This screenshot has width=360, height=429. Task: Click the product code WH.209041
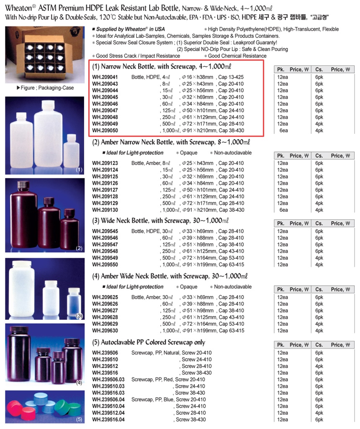pyautogui.click(x=105, y=77)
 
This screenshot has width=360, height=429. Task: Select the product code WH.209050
pyautogui.click(x=105, y=131)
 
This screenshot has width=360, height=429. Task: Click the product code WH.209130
pyautogui.click(x=105, y=210)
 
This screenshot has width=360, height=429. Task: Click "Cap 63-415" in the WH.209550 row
pyautogui.click(x=231, y=265)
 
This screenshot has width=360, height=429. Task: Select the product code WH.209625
pyautogui.click(x=105, y=297)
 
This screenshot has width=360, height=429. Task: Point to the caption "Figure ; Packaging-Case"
pyautogui.click(x=45, y=88)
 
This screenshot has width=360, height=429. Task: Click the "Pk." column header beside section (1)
pyautogui.click(x=280, y=69)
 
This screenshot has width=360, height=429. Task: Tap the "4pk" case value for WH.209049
pyautogui.click(x=319, y=124)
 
